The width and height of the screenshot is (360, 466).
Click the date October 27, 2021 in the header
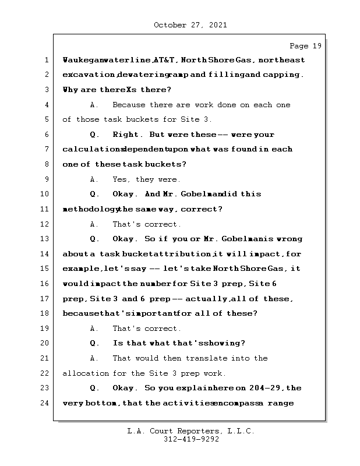190,25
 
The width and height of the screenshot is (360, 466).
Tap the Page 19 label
305,46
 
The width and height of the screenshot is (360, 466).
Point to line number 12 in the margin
45,224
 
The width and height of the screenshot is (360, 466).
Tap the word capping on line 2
284,75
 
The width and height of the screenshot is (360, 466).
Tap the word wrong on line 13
290,239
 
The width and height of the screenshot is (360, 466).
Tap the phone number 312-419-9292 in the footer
190,440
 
